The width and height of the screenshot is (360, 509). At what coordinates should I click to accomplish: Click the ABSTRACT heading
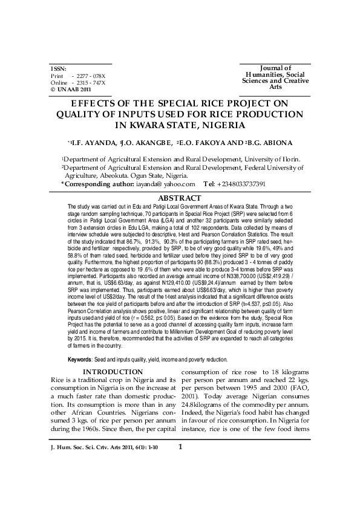tap(179, 198)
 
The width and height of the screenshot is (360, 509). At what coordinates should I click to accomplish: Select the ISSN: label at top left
tap(59, 69)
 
